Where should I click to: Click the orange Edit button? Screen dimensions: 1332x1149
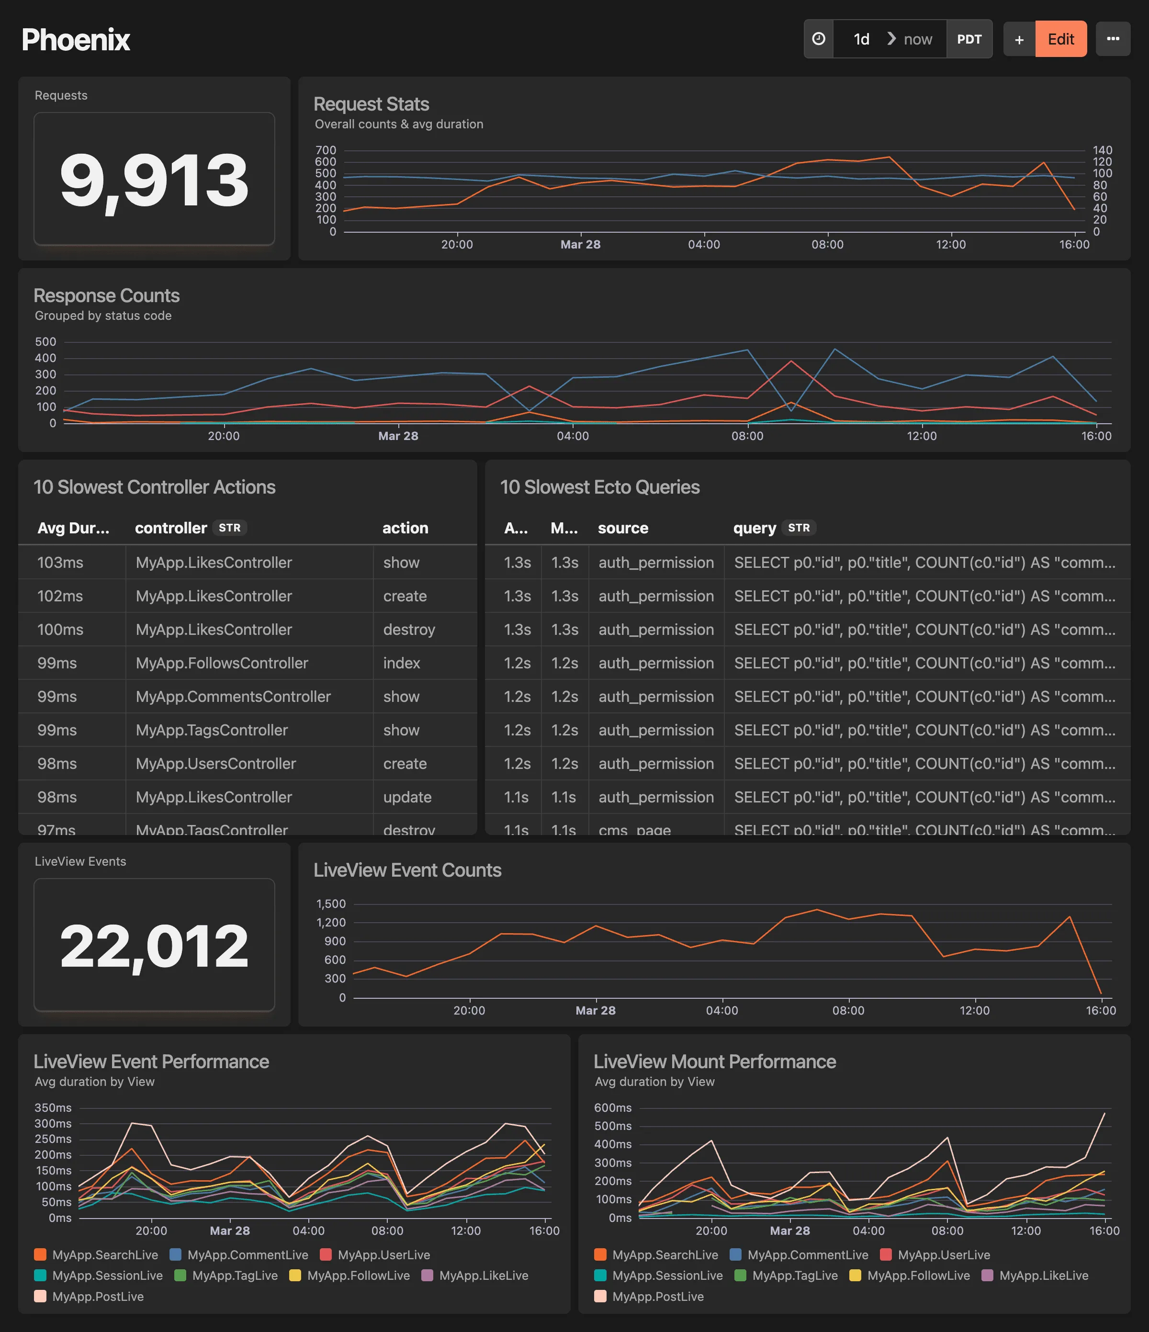(x=1060, y=39)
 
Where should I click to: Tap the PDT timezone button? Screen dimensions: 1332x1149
(x=969, y=39)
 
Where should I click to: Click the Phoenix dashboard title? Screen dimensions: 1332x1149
(x=76, y=40)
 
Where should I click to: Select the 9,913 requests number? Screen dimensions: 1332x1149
(x=154, y=181)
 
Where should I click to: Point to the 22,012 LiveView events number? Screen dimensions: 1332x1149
(x=154, y=946)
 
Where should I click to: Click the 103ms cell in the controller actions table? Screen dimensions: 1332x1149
(x=60, y=563)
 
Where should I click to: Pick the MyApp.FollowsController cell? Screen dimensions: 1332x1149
(x=222, y=663)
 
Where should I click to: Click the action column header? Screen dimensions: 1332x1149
(x=405, y=528)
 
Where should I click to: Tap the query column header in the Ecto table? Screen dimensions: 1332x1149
(x=754, y=528)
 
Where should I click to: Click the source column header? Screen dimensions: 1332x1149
(x=622, y=528)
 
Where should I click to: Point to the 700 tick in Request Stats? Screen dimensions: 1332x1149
(x=326, y=150)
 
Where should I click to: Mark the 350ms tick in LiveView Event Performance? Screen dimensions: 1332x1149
(x=53, y=1107)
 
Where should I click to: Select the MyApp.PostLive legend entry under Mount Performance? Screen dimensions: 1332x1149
(x=657, y=1297)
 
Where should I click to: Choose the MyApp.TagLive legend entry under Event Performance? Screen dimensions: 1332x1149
(x=234, y=1276)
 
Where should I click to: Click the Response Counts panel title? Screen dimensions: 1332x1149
(x=107, y=296)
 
